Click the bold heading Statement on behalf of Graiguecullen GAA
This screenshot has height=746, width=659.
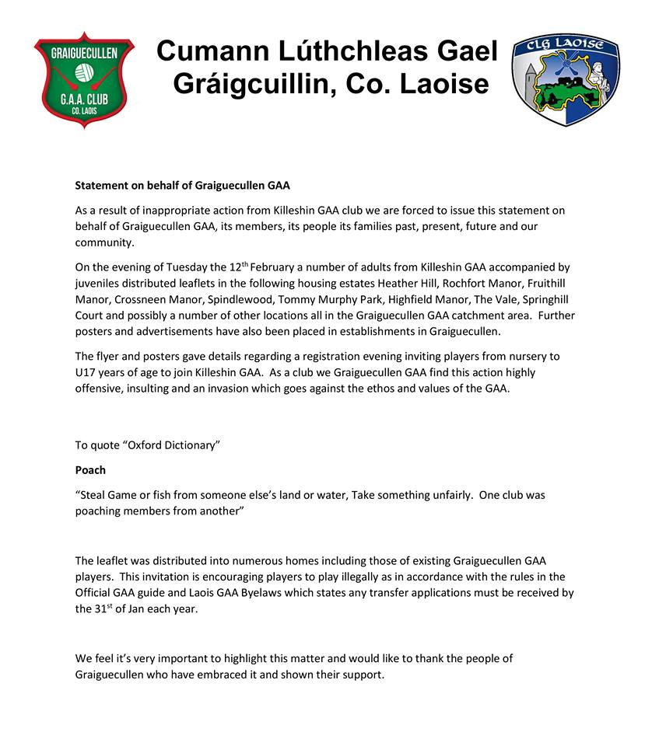pos(182,185)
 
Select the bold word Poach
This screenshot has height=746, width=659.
pos(90,470)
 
